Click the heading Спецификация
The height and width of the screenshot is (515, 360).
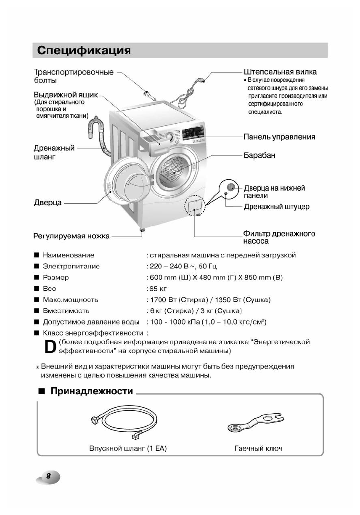(84, 51)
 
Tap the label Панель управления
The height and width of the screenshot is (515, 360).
(279, 137)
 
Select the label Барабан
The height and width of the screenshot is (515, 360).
(259, 155)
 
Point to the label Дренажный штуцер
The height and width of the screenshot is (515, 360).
(276, 207)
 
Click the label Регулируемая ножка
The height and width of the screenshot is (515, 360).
(71, 236)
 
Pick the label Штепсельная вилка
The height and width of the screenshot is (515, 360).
(280, 72)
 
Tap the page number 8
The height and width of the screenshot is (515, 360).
(48, 476)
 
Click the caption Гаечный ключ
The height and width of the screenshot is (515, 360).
(258, 449)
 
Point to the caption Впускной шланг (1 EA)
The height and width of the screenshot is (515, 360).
(128, 449)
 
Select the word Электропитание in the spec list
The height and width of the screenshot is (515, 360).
(71, 266)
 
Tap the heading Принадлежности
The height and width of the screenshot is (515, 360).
(92, 391)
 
